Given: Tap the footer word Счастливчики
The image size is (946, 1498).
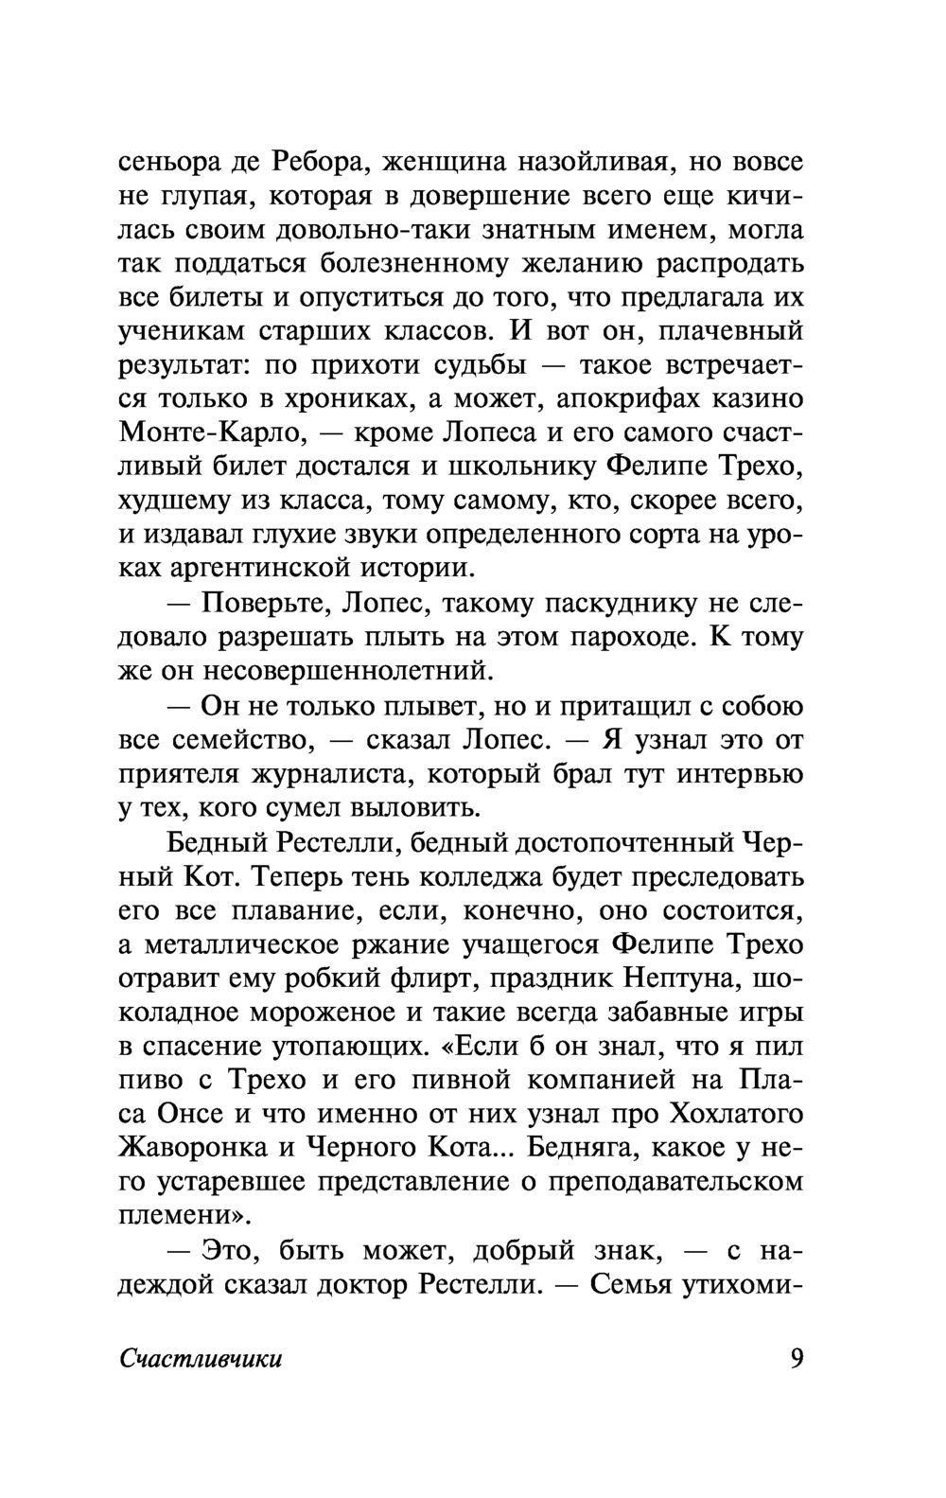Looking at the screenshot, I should [201, 1360].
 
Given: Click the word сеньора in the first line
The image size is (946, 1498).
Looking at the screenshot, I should [168, 163].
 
